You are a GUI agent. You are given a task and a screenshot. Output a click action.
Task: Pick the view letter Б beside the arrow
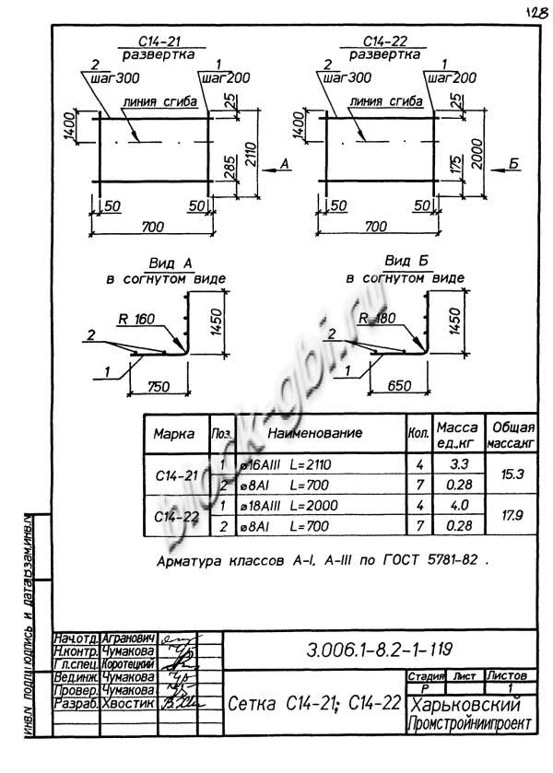click(x=514, y=163)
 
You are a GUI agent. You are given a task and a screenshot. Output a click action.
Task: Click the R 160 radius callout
click(x=135, y=320)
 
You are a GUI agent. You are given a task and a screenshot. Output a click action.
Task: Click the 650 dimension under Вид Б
click(x=396, y=384)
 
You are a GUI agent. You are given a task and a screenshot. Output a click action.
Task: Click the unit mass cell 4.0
click(x=456, y=505)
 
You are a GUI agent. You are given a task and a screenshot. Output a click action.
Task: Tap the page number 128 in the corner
click(x=533, y=12)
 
